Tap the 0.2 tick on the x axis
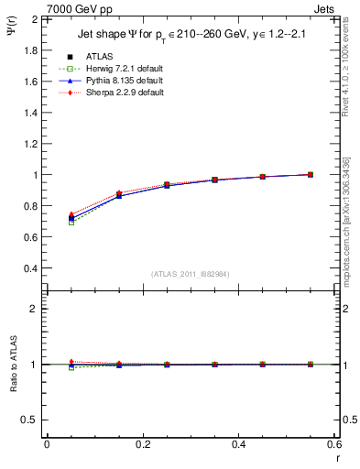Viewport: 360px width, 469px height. click(142, 443)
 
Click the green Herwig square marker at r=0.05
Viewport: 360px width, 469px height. click(71, 222)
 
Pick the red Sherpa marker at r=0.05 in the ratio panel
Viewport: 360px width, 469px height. click(71, 362)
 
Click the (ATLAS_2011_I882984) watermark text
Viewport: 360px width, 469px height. click(190, 273)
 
